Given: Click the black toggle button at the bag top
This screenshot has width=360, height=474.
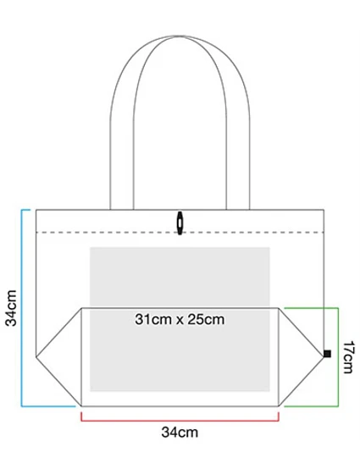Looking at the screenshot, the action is coord(180,223).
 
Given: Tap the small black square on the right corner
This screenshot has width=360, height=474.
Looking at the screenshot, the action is coord(327,354).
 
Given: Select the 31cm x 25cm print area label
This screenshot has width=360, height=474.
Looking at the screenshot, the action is coord(180,320).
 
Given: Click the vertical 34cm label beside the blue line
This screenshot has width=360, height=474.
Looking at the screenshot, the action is coord(11,308).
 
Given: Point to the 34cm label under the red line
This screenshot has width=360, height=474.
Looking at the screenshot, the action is coord(180,433).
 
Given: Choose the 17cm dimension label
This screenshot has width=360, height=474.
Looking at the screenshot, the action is coord(348,357).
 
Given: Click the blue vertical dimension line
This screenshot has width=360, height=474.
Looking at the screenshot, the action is coord(21,308).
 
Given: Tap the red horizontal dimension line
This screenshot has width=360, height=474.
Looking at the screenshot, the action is coord(180,421).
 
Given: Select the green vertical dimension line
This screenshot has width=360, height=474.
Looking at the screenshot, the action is coord(338,357).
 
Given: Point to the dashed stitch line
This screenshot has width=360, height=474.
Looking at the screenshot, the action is coord(180,232).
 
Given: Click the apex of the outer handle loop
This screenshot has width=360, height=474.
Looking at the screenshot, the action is coord(180,36).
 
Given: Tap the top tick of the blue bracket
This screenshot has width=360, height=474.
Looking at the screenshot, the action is coord(25,210).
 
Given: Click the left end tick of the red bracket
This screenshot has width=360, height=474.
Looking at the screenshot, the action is coord(81,416).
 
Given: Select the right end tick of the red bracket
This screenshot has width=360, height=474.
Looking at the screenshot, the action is coord(279,416).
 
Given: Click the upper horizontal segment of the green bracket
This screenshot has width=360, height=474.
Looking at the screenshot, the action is coord(312,308).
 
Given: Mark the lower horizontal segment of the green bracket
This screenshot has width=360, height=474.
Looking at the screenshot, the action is coord(312,406).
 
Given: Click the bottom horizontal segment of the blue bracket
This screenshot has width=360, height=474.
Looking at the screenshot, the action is coord(48,406).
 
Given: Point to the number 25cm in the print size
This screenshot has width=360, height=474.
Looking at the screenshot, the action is coord(206,320).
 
